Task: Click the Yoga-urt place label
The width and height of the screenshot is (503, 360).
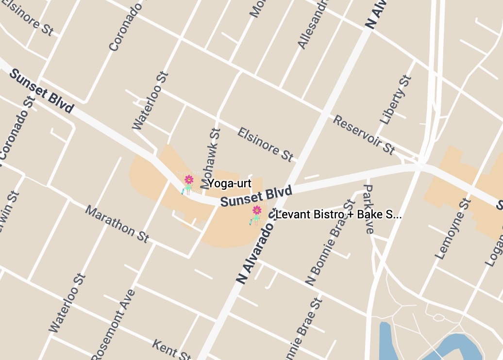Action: (229, 183)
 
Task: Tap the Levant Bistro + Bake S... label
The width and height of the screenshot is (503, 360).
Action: (338, 214)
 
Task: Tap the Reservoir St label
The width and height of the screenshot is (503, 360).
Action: (364, 134)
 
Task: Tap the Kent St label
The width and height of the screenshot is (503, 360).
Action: (171, 350)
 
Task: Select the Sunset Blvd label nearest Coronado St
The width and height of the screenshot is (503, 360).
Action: (41, 91)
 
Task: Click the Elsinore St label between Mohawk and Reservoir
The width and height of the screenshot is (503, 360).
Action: (266, 144)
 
